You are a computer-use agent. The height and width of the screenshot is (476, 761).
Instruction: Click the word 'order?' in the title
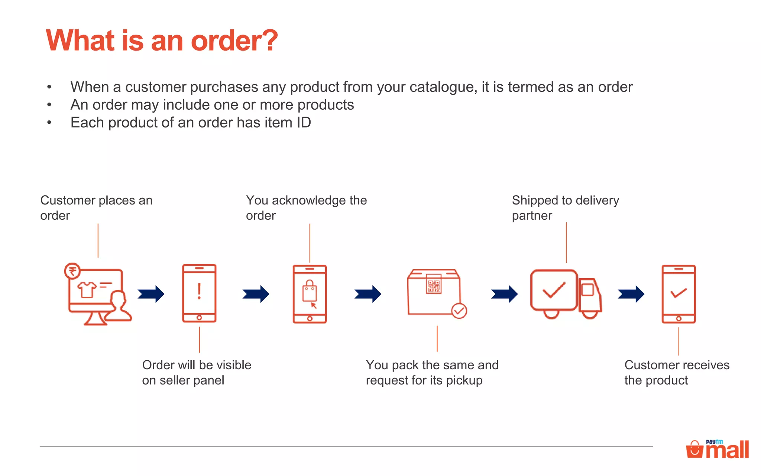[234, 41]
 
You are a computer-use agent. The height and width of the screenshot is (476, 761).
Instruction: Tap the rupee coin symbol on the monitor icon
[72, 271]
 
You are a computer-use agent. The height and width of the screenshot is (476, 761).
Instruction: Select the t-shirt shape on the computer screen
[87, 289]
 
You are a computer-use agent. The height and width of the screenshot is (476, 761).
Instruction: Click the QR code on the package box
[434, 286]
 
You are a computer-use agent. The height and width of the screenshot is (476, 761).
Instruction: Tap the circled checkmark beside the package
[459, 311]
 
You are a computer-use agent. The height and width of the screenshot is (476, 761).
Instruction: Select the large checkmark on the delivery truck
[554, 290]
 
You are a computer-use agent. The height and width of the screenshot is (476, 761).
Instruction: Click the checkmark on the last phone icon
[679, 293]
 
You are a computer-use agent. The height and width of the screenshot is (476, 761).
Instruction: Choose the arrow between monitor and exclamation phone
[151, 294]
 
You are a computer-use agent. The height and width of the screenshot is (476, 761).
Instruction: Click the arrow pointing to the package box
[368, 294]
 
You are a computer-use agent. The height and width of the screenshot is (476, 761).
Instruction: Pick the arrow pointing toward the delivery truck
[504, 294]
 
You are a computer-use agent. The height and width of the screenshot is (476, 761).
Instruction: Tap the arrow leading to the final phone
[631, 294]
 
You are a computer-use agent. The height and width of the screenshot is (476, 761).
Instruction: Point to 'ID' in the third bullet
[304, 123]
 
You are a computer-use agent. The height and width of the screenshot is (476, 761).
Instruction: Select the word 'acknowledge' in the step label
[309, 200]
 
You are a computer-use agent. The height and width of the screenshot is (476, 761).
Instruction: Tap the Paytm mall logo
[718, 449]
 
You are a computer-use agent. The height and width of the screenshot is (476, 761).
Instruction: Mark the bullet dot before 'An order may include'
[49, 105]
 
